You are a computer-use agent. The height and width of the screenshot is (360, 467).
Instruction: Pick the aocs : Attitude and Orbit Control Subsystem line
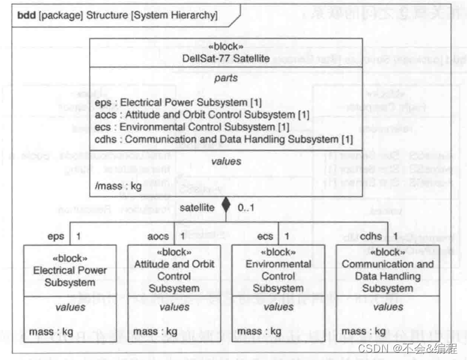(x=203, y=115)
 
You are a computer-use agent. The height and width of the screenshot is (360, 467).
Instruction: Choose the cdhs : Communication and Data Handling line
(x=224, y=139)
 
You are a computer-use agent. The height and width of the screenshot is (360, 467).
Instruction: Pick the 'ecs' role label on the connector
(x=265, y=236)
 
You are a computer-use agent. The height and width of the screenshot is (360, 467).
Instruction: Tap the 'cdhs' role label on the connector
(x=371, y=236)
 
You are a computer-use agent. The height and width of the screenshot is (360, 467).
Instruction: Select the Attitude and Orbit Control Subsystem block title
(x=174, y=276)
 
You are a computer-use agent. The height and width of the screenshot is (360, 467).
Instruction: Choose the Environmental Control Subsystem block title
(x=278, y=276)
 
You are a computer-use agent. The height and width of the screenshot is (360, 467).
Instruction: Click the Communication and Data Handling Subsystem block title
(x=387, y=276)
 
